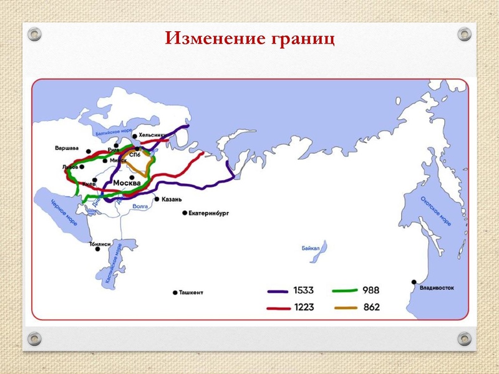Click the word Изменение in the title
tap(215, 39)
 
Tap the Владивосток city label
tap(437, 288)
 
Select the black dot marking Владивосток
tap(414, 282)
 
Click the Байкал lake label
tap(310, 248)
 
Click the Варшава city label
tap(66, 148)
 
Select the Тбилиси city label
tap(100, 244)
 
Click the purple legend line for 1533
tap(278, 290)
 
